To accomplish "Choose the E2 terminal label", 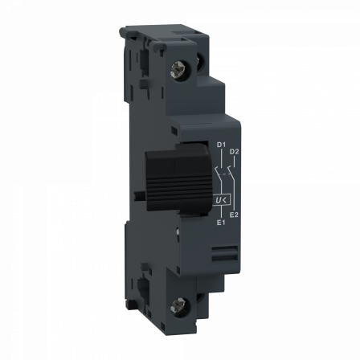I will [x=234, y=213].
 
